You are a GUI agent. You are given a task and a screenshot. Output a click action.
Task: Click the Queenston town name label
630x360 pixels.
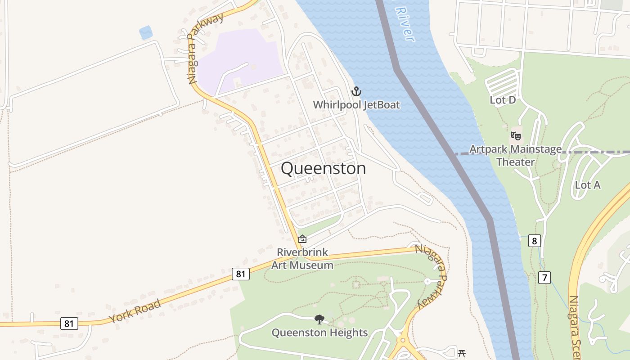[323, 168]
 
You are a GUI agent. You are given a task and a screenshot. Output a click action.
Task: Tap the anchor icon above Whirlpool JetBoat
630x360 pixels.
[356, 92]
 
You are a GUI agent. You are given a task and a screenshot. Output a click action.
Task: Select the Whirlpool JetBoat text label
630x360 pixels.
[356, 105]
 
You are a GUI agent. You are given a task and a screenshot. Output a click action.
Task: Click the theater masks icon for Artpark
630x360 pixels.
[516, 135]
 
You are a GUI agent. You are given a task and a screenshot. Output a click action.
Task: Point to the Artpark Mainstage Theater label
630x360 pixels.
[516, 155]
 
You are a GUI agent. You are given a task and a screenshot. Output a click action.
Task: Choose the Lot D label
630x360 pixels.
[503, 100]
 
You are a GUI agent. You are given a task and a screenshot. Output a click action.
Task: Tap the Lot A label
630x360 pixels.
[588, 185]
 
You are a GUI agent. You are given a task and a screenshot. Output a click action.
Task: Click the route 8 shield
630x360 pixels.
[534, 241]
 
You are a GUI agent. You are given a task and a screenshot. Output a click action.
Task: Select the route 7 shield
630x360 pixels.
[544, 278]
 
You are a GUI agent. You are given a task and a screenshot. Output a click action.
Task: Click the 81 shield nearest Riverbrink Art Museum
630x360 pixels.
[241, 274]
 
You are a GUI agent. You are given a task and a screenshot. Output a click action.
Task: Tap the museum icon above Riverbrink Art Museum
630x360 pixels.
[302, 239]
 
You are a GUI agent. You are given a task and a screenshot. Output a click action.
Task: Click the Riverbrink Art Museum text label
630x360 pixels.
[302, 258]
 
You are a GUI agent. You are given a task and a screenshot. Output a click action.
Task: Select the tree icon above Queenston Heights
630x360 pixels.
[319, 319]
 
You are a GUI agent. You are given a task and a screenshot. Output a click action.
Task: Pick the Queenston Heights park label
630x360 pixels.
[319, 333]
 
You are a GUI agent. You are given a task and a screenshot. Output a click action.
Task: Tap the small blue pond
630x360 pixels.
[146, 32]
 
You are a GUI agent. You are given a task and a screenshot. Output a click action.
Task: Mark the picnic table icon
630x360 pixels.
[461, 354]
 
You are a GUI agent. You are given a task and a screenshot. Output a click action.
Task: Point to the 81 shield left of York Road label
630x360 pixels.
[69, 323]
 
